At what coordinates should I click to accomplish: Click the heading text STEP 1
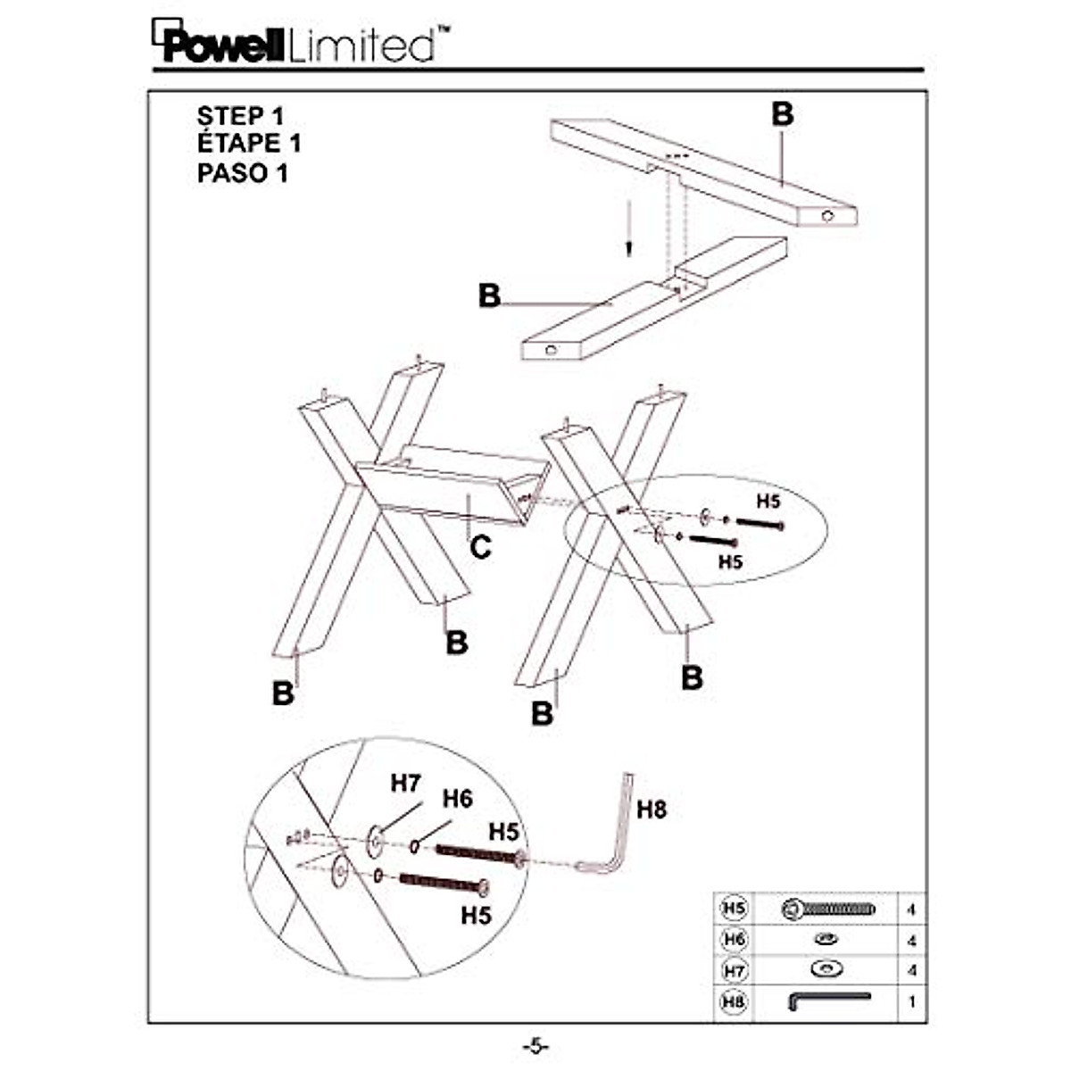pyautogui.click(x=240, y=116)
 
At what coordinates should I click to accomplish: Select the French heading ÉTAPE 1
pyautogui.click(x=249, y=143)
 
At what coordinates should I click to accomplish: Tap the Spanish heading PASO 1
pyautogui.click(x=243, y=172)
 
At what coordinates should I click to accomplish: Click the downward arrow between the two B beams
pyautogui.click(x=629, y=228)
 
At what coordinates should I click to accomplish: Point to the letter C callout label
pyautogui.click(x=480, y=545)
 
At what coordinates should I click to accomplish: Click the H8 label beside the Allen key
pyautogui.click(x=652, y=809)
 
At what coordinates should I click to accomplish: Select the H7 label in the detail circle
pyautogui.click(x=405, y=784)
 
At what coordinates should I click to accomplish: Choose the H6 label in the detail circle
pyautogui.click(x=457, y=799)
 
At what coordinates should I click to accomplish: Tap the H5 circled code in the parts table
pyautogui.click(x=734, y=909)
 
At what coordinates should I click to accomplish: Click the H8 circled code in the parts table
pyautogui.click(x=734, y=1001)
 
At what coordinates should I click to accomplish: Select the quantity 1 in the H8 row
pyautogui.click(x=911, y=1001)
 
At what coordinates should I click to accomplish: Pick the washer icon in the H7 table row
pyautogui.click(x=826, y=969)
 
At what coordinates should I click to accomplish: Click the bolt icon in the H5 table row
pyautogui.click(x=827, y=909)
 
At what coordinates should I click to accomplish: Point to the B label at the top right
pyautogui.click(x=782, y=114)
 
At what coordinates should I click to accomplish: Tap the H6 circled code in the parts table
pyautogui.click(x=734, y=939)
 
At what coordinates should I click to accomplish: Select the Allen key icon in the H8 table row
pyautogui.click(x=827, y=1000)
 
